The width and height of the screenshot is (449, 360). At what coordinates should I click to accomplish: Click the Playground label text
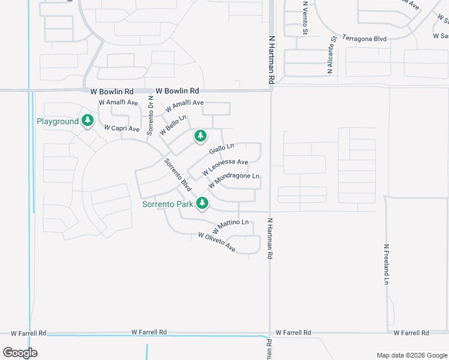[x=58, y=121]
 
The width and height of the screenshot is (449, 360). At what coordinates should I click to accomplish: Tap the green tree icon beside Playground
[x=88, y=121]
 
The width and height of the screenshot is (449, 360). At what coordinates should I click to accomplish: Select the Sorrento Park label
[x=167, y=204]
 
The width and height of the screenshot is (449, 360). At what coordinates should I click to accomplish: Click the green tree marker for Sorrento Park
[x=202, y=203]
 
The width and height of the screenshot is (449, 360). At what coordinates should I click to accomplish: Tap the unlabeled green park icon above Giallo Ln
[x=200, y=136]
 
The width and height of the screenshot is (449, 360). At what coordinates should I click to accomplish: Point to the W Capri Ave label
[x=122, y=128]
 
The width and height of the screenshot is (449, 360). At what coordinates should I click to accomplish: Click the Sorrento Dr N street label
[x=151, y=115]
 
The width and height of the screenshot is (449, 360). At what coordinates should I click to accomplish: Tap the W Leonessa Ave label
[x=225, y=166]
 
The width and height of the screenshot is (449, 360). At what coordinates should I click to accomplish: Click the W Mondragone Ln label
[x=234, y=179]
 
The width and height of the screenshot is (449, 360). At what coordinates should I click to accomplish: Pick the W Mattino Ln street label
[x=230, y=226]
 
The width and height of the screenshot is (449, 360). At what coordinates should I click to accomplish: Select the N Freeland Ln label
[x=387, y=264]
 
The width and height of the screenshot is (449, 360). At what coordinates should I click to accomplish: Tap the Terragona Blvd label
[x=364, y=38]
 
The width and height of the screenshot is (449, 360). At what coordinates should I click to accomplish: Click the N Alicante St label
[x=330, y=55]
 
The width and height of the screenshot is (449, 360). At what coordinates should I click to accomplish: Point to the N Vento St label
[x=304, y=17]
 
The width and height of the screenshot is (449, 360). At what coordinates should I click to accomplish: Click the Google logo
[x=20, y=352]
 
